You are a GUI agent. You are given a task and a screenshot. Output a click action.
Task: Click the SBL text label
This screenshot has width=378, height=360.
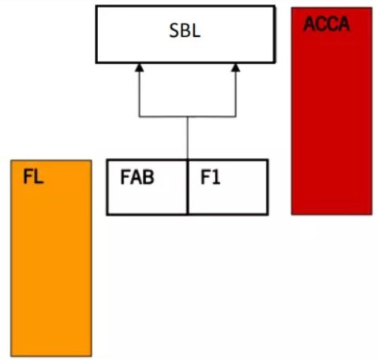pos(184,31)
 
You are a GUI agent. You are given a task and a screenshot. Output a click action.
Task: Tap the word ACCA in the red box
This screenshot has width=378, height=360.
pos(327,24)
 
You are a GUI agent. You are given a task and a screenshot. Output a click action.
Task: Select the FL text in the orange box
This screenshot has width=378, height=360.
pos(33,176)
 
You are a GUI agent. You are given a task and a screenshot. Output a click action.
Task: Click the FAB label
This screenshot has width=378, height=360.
pos(137,177)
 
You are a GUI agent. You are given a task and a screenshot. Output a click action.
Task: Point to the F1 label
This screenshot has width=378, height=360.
pos(210,177)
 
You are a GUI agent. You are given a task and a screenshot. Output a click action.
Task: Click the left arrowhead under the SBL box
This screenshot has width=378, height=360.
pos(139,68)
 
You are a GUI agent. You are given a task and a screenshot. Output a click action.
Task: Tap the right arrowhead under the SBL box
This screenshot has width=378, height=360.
pos(236,68)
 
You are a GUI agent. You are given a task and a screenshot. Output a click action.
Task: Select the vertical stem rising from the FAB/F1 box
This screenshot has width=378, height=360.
pos(187,138)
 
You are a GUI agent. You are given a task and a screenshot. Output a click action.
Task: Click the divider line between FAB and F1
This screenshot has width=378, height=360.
pos(187,187)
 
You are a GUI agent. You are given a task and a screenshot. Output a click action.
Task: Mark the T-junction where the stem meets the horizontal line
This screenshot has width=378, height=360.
pos(187,117)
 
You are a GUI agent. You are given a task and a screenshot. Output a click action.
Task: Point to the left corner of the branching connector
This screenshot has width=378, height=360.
pos(139,117)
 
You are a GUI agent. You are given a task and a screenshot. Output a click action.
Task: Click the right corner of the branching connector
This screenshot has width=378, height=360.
pos(236,117)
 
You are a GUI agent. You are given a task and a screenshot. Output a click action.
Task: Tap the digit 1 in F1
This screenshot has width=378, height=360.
pos(216,177)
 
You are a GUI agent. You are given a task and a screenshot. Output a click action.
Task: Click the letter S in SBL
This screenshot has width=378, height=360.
pos(174,31)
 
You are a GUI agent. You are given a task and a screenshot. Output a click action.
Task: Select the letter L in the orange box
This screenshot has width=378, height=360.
pos(39,176)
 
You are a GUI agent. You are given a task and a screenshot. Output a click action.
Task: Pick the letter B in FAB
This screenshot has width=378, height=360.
pos(148,177)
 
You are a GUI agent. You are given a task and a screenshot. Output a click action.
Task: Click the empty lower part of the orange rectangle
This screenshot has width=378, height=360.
pos(51,276)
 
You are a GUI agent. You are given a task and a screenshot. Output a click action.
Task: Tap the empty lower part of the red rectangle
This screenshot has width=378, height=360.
pos(331,126)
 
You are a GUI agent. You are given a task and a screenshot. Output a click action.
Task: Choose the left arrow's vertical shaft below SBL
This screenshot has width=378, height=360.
pos(139,94)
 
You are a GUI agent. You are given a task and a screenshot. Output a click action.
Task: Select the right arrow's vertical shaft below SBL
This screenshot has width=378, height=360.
pos(236,94)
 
